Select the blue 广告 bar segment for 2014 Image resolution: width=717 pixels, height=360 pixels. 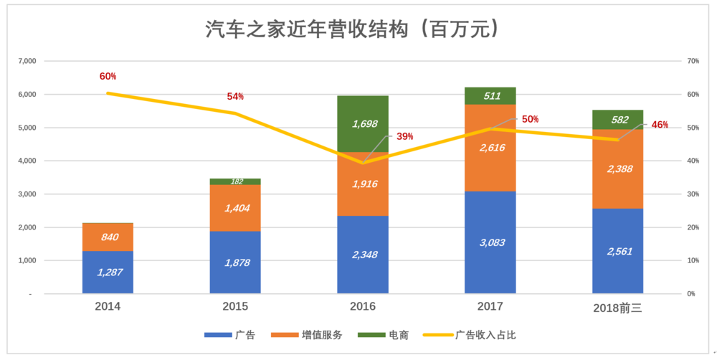click(108, 272)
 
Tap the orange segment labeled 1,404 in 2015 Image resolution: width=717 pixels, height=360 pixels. click(235, 208)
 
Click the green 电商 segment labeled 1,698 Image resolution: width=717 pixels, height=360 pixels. click(363, 124)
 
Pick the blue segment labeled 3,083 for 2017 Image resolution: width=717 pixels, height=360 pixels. click(490, 242)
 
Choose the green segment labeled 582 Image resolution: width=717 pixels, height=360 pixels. click(617, 120)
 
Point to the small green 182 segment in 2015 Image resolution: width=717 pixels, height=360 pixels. click(235, 181)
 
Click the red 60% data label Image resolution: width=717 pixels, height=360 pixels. click(108, 76)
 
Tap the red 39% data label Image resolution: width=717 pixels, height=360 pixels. click(404, 136)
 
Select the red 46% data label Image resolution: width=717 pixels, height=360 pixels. click(659, 124)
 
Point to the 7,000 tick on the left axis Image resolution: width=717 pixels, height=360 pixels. click(26, 61)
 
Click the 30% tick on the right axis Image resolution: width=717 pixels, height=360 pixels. click(693, 194)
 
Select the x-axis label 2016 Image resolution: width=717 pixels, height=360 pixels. click(363, 306)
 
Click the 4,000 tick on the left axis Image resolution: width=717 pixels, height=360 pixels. click(26, 161)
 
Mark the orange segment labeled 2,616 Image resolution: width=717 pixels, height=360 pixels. click(490, 148)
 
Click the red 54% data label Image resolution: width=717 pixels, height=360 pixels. click(235, 96)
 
